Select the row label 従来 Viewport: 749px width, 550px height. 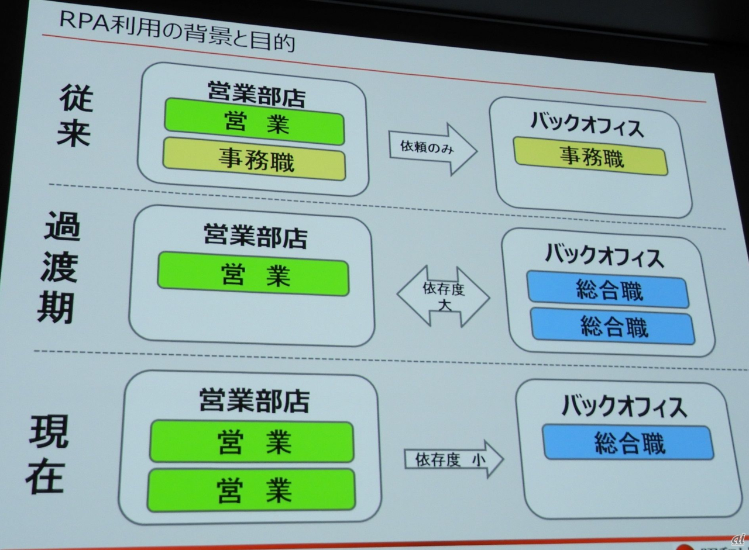click(x=75, y=117)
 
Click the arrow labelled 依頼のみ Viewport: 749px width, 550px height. click(x=432, y=148)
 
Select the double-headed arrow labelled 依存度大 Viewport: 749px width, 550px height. click(x=444, y=295)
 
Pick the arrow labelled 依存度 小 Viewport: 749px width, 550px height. click(x=453, y=459)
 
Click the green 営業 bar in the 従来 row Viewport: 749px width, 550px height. click(x=255, y=122)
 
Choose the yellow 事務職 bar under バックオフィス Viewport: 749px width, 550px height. click(x=591, y=157)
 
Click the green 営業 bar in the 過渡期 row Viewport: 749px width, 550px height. click(x=253, y=274)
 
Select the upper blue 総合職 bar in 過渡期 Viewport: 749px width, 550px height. click(x=608, y=290)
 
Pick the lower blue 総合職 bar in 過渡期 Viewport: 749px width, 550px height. click(x=613, y=326)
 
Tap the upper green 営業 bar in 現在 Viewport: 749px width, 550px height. click(x=252, y=441)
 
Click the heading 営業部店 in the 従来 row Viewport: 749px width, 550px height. click(x=256, y=94)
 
